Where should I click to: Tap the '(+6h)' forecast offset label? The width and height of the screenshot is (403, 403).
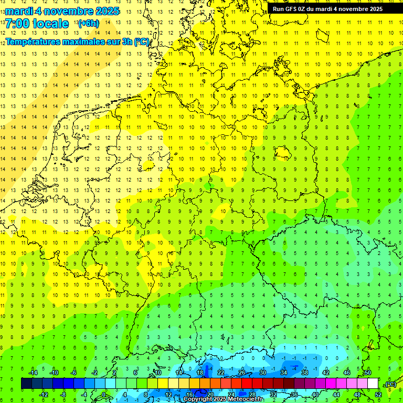(88, 24)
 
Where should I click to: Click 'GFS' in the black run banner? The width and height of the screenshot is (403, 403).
(292, 9)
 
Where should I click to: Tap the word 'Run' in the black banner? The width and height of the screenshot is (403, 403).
(278, 9)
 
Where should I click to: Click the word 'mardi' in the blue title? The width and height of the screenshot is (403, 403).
(20, 11)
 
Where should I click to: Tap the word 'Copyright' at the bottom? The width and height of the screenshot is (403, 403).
(198, 399)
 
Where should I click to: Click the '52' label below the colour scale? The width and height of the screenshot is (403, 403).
(378, 395)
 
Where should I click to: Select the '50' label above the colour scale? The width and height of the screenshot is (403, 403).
(367, 373)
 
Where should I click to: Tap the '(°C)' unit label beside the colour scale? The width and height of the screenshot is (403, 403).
(390, 384)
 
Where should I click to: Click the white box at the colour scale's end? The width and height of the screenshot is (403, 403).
(373, 384)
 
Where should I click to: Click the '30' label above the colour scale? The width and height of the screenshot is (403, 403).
(262, 373)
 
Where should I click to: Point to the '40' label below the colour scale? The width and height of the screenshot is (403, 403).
(315, 395)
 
